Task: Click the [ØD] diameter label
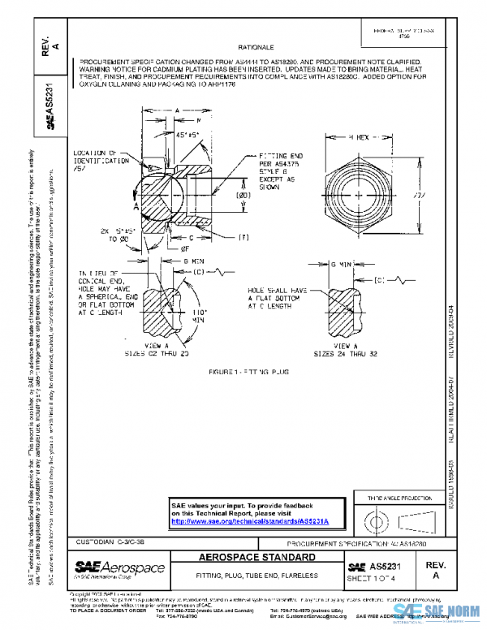tap(220, 196)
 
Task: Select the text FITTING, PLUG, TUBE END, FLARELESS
tap(257, 576)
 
